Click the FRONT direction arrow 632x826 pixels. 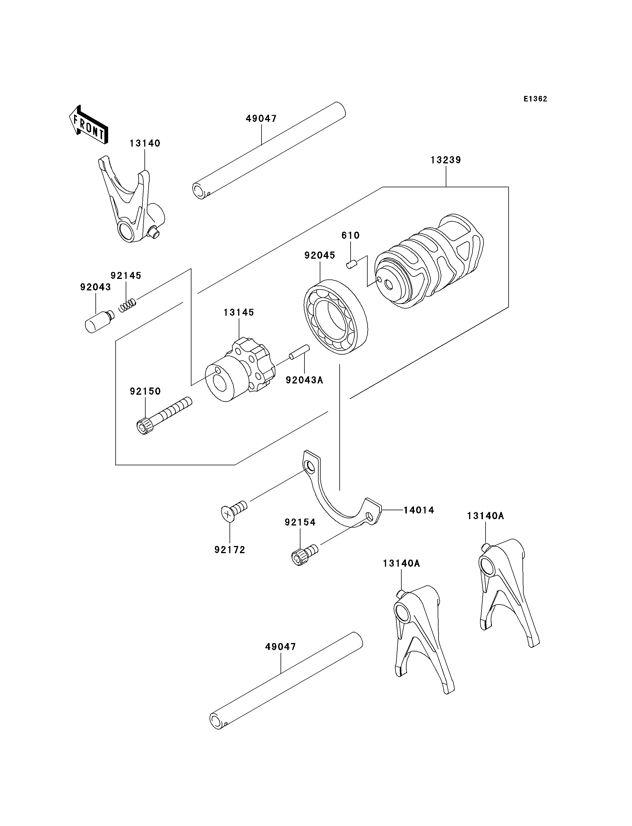click(x=89, y=124)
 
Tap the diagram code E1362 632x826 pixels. click(x=535, y=99)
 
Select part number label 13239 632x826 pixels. click(x=446, y=160)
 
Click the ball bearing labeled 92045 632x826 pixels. click(x=336, y=317)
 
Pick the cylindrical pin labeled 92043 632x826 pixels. click(x=99, y=321)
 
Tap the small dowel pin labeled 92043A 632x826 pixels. click(x=299, y=352)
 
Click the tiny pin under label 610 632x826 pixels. click(x=351, y=265)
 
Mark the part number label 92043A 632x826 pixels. click(x=304, y=380)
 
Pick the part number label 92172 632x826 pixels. click(x=230, y=550)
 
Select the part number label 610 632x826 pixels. click(x=351, y=235)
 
